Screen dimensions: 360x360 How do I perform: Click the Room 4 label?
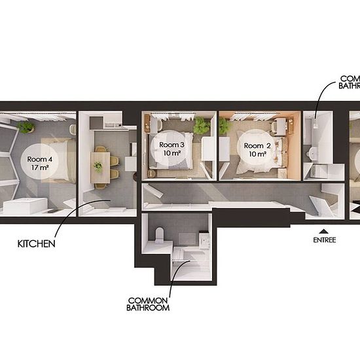coord(40,159)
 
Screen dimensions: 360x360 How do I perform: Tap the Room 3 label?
coord(171,145)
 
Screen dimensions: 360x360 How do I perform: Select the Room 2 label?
coord(257,146)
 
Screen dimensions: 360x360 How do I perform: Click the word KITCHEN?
coord(37,244)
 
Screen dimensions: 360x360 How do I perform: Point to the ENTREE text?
coord(325,240)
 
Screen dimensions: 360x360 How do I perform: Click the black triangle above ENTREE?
coord(324,231)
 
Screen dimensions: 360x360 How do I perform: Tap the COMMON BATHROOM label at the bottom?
coord(148,304)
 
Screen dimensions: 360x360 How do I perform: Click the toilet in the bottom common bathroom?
coord(160,235)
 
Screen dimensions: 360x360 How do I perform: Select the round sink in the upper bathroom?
coord(313,152)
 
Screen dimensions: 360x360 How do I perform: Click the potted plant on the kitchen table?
coord(98,166)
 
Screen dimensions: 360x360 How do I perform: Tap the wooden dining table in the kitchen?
coord(100,168)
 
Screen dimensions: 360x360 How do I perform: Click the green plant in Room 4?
coord(26,127)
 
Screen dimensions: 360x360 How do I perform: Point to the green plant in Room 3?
coord(202,126)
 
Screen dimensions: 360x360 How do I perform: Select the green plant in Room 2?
coord(224,126)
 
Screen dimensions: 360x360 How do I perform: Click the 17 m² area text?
coord(40,168)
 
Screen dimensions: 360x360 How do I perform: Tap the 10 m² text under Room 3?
coord(171,153)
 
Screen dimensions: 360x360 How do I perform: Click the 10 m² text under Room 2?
coord(258,154)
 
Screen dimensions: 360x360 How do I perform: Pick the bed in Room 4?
coord(58,160)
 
